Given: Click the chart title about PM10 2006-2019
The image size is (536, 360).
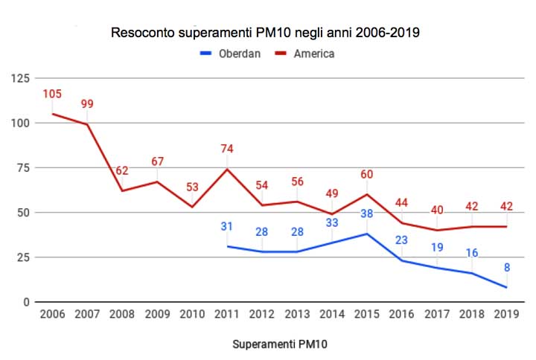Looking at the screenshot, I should coord(270,33).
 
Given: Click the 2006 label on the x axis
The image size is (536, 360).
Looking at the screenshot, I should coord(51,314).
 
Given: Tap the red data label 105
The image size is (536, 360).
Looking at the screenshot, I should coord(52,94).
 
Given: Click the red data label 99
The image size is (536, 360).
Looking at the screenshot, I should coord(87,104).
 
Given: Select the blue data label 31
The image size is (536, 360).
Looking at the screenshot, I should coord(227,227).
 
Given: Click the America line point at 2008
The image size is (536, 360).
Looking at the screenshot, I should coord(122,191).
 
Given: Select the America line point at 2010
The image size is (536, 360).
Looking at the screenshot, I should coord(192,207).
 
